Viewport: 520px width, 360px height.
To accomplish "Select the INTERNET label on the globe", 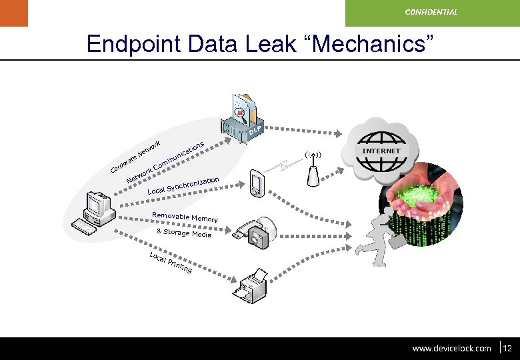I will pos(381,151).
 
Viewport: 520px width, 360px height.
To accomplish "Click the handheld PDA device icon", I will pos(257,184).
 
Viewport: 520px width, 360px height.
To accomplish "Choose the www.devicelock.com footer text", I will pos(451,348).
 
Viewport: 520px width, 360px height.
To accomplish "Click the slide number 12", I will pos(507,348).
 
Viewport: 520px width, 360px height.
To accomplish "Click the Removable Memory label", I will pos(185,217).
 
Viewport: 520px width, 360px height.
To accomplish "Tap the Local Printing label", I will pos(171,263).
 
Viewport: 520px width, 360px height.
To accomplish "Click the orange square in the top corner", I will pos(14,13).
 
